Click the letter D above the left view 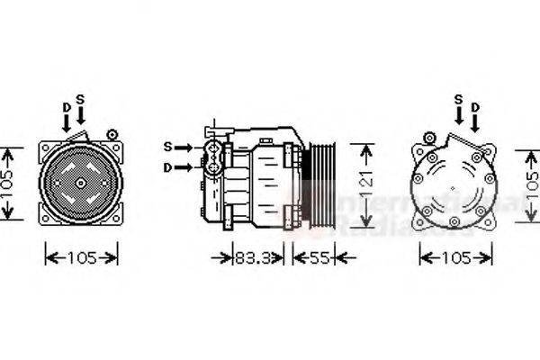click(66, 106)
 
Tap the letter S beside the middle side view click(167, 146)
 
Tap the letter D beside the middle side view click(167, 166)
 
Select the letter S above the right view click(458, 98)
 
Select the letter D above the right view click(473, 107)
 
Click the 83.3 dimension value click(254, 258)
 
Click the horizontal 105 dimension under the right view click(456, 258)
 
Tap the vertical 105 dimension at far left click(8, 183)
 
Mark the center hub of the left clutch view click(80, 183)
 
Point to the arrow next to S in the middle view click(184, 147)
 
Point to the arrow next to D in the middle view click(184, 167)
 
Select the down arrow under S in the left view click(80, 115)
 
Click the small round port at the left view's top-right click(112, 134)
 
